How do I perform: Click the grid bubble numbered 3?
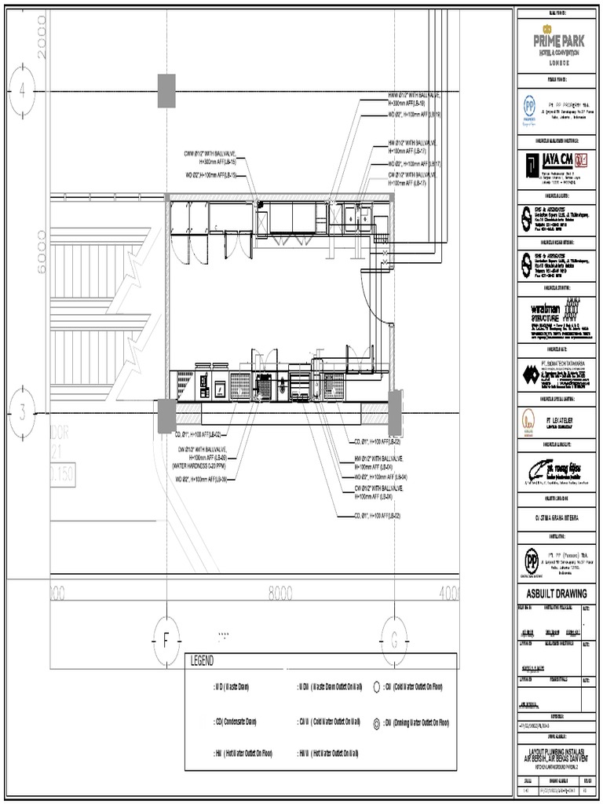23,411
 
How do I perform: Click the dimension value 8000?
280,591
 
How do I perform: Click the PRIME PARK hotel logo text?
555,37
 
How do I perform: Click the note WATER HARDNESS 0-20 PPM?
199,465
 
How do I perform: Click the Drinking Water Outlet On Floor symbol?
377,721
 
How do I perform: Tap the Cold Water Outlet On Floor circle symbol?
377,686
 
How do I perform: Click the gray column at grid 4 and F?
166,90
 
